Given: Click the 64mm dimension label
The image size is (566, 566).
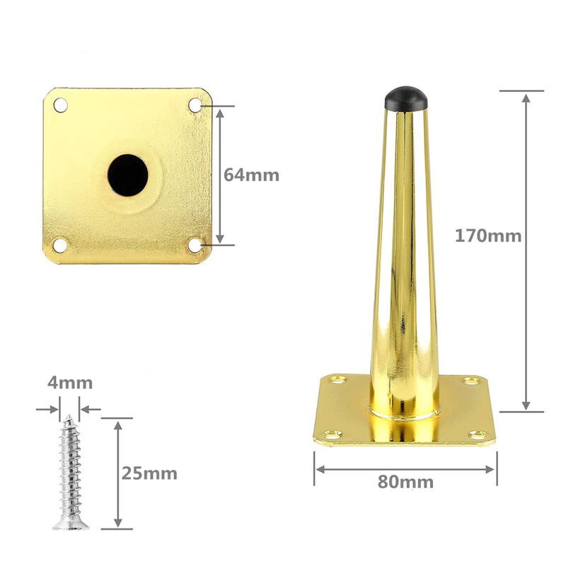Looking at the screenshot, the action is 251,175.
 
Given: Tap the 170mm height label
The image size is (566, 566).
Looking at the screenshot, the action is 488,236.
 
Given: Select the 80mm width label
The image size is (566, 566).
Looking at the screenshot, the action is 405,482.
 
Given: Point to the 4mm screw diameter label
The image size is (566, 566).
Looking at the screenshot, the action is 70,383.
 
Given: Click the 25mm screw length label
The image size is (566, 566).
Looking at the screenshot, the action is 149,473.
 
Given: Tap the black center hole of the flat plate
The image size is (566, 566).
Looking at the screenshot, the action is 128,175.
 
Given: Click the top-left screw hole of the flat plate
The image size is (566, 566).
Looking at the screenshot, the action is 60,105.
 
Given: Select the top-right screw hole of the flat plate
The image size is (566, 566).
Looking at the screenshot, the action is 195,105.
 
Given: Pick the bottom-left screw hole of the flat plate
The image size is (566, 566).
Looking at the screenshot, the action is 59,245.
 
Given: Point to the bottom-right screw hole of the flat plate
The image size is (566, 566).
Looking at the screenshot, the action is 195,245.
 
